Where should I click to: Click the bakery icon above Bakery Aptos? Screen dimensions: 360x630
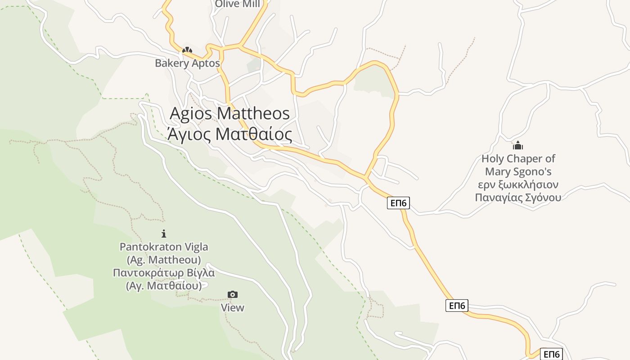187,50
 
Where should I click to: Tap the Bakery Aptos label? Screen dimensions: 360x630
187,63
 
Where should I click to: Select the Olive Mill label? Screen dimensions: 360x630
237,4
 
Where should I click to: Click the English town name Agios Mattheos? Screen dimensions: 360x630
229,113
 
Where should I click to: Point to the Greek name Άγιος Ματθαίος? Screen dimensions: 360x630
229,134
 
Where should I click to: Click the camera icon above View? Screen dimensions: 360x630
232,295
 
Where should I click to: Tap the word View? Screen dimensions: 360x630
232,308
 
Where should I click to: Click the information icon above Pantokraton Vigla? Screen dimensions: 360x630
164,234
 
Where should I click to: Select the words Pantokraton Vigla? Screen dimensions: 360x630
164,247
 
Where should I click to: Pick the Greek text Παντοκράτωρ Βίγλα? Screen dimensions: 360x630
164,273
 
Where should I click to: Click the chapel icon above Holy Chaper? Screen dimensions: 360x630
518,145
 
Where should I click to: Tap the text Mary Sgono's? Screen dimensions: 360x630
518,171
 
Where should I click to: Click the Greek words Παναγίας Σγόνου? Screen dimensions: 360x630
518,198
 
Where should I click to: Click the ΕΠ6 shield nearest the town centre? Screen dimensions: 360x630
398,203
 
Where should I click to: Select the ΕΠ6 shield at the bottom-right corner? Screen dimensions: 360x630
551,354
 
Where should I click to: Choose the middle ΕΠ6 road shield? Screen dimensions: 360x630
457,306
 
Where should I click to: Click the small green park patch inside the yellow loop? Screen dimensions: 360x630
373,83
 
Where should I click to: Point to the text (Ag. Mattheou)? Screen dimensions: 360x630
164,260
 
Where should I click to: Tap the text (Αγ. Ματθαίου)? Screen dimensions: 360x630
164,286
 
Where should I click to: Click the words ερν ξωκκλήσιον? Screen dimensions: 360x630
518,184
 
